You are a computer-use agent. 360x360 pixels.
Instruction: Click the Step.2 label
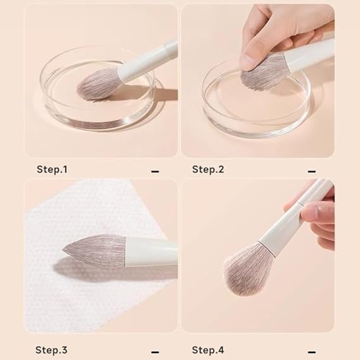[x=208, y=170]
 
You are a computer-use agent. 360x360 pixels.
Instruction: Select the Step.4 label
[x=208, y=349]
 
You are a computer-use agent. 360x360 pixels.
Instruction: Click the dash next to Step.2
[x=311, y=171]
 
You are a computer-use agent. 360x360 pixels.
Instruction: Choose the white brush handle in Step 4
[x=297, y=215]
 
